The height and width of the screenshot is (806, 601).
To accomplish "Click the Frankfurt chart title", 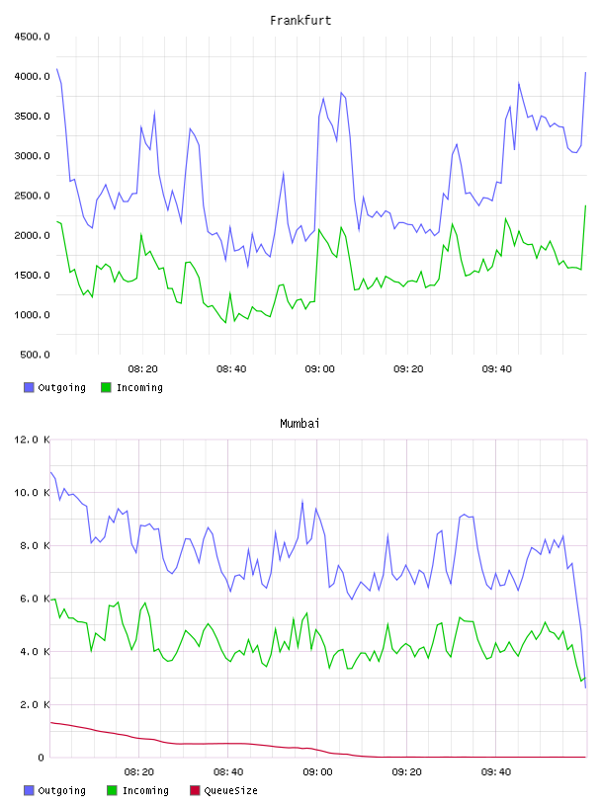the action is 300,21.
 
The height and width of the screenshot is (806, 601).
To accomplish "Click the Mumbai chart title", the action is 300,424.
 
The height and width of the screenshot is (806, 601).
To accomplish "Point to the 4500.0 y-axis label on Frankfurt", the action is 32,37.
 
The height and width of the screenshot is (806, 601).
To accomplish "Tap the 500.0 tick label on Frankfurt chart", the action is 35,355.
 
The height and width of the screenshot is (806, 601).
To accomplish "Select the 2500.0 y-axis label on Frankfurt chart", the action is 32,196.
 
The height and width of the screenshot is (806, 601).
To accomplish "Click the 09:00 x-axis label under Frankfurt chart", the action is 319,369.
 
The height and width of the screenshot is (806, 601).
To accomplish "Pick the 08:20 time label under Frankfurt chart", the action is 142,369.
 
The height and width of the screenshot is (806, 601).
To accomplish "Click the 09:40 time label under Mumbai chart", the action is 496,772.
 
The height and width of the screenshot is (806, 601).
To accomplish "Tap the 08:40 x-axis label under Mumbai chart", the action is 228,772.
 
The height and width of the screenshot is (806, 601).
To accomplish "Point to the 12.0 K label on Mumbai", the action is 32,440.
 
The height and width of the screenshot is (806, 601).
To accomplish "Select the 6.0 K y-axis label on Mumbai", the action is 35,599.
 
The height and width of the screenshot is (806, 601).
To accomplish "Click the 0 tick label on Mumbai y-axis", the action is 42,758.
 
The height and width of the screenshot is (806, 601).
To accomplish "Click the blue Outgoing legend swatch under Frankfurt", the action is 29,387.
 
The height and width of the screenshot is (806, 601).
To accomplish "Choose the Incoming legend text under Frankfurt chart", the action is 139,387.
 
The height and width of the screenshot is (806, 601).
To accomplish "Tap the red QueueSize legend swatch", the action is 195,790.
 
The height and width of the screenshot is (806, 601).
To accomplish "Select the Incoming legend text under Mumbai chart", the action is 145,790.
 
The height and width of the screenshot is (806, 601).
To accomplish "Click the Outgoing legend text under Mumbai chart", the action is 61,790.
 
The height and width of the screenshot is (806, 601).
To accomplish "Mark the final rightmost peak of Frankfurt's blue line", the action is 585,72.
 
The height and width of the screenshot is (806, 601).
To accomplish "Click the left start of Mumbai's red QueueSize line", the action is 50,722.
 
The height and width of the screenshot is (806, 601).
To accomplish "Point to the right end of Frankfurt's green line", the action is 585,205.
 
